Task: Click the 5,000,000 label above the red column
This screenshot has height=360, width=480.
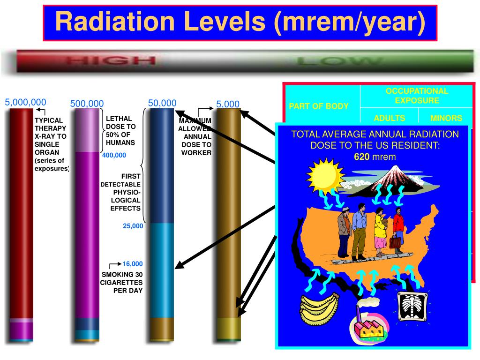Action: (26, 102)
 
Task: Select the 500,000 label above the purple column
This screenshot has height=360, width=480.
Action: (87, 104)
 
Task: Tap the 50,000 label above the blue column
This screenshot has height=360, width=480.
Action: (162, 103)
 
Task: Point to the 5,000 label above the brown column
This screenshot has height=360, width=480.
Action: (228, 104)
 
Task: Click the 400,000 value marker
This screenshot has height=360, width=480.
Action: (114, 155)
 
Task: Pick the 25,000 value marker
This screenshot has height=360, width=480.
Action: (133, 226)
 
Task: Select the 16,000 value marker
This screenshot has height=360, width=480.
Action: (133, 264)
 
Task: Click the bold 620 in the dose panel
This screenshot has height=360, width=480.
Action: (361, 157)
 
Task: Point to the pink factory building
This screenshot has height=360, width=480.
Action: (370, 323)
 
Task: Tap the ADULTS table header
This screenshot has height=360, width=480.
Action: (390, 119)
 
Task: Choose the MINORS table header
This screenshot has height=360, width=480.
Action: (446, 119)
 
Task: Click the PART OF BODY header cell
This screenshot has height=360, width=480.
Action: (319, 106)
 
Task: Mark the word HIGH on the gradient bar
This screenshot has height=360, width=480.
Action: (111, 61)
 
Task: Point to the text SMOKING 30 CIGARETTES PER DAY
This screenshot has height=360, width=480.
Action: (122, 282)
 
